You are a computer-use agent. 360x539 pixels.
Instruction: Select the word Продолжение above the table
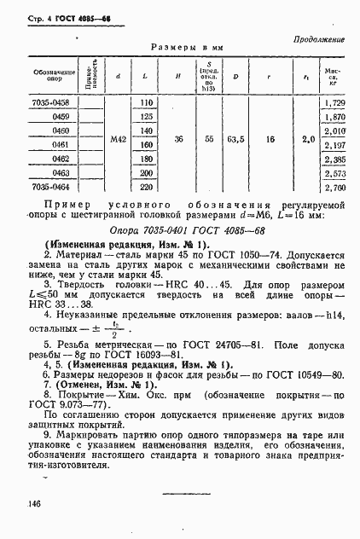click(319, 40)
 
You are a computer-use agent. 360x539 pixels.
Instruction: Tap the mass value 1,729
click(334, 102)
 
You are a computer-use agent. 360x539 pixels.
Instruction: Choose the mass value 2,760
click(334, 187)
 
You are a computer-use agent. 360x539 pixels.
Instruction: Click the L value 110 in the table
click(146, 102)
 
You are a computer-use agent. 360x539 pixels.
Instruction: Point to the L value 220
click(146, 187)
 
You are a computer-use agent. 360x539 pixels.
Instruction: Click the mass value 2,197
click(334, 145)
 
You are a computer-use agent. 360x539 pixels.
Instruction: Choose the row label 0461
click(60, 145)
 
